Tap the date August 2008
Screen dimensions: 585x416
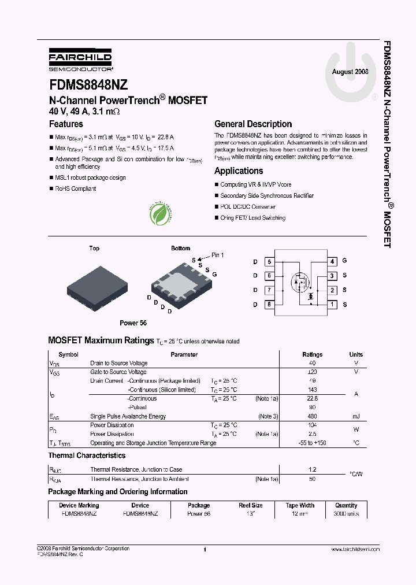[x=350, y=72]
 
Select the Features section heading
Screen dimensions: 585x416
[x=66, y=124]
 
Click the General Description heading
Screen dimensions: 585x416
[x=253, y=124]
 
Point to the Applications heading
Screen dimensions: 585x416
[x=239, y=171]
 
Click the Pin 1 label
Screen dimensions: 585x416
[x=217, y=255]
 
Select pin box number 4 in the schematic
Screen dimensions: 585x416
[x=332, y=261]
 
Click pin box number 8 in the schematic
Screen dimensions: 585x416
[x=269, y=305]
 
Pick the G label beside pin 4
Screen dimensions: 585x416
[x=344, y=261]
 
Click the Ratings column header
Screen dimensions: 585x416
[x=313, y=354]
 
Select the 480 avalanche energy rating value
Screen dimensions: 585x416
[x=313, y=416]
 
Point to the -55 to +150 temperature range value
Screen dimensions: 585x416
[x=313, y=443]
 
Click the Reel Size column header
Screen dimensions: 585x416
[x=251, y=505]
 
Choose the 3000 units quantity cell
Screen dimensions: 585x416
[x=346, y=513]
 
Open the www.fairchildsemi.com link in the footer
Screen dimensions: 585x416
[x=355, y=549]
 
